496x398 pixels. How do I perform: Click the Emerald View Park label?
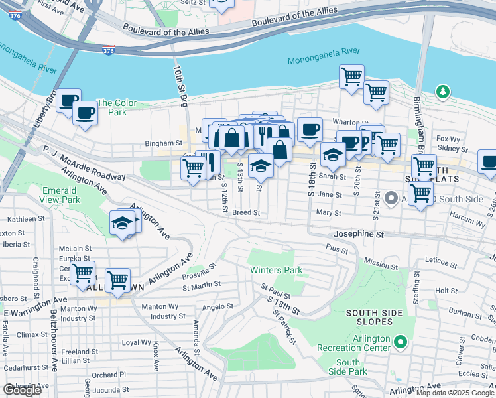tap(60, 194)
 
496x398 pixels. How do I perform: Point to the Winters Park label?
tap(276, 270)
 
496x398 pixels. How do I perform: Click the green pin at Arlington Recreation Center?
tap(400, 342)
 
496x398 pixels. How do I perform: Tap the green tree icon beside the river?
tap(442, 91)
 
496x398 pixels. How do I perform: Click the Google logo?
tap(22, 390)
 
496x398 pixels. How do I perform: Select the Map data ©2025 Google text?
tap(455, 392)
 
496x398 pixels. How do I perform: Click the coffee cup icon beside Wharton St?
tap(309, 130)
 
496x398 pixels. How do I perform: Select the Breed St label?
tap(245, 213)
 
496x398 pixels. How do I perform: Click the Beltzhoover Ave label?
tap(54, 338)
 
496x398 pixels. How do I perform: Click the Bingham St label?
tap(164, 143)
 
